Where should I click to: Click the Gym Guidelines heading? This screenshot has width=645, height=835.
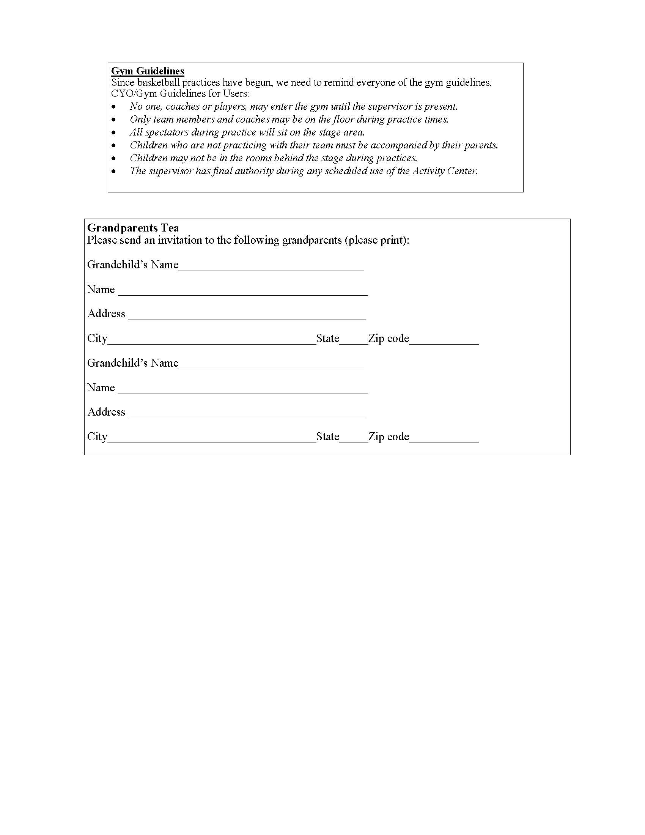pos(148,71)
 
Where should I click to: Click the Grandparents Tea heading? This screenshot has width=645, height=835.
pos(133,228)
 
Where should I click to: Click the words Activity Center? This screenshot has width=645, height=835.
pos(444,171)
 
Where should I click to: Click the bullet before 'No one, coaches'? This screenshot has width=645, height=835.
pos(113,107)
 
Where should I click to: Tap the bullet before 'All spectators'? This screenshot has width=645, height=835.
pos(113,133)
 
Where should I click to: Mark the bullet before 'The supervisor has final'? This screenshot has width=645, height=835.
pos(113,171)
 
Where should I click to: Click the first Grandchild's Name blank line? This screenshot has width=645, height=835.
pos(271,268)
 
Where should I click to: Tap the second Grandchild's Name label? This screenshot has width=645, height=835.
pos(132,363)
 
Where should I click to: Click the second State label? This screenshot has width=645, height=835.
pos(327,436)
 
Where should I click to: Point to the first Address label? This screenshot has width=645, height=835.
pos(106,314)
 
